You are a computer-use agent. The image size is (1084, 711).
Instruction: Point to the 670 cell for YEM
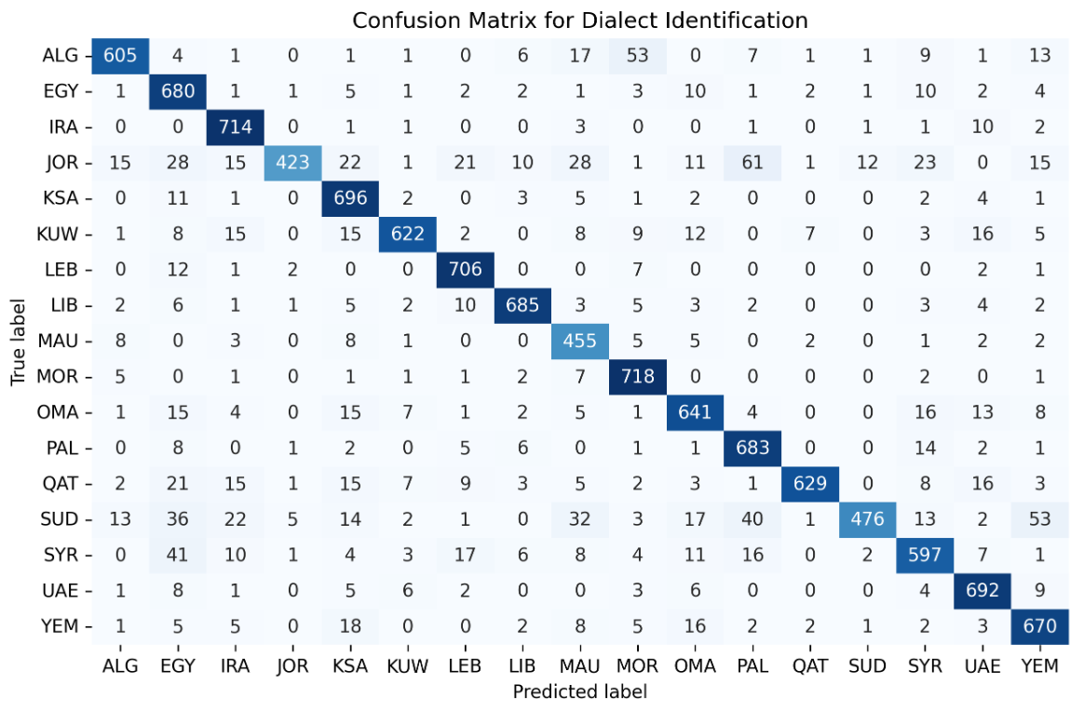coord(1038,626)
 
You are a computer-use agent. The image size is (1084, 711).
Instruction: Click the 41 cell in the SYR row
coord(177,556)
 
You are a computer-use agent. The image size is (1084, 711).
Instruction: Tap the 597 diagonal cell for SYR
coord(924,556)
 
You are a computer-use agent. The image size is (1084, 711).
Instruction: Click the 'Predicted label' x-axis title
coord(579,691)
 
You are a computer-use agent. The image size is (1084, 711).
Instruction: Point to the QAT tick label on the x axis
coord(809,666)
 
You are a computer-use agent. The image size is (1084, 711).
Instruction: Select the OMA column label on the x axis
coord(695,666)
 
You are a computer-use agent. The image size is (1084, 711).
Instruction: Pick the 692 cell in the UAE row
coord(982,591)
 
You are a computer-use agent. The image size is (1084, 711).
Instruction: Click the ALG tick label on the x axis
coord(119,666)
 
